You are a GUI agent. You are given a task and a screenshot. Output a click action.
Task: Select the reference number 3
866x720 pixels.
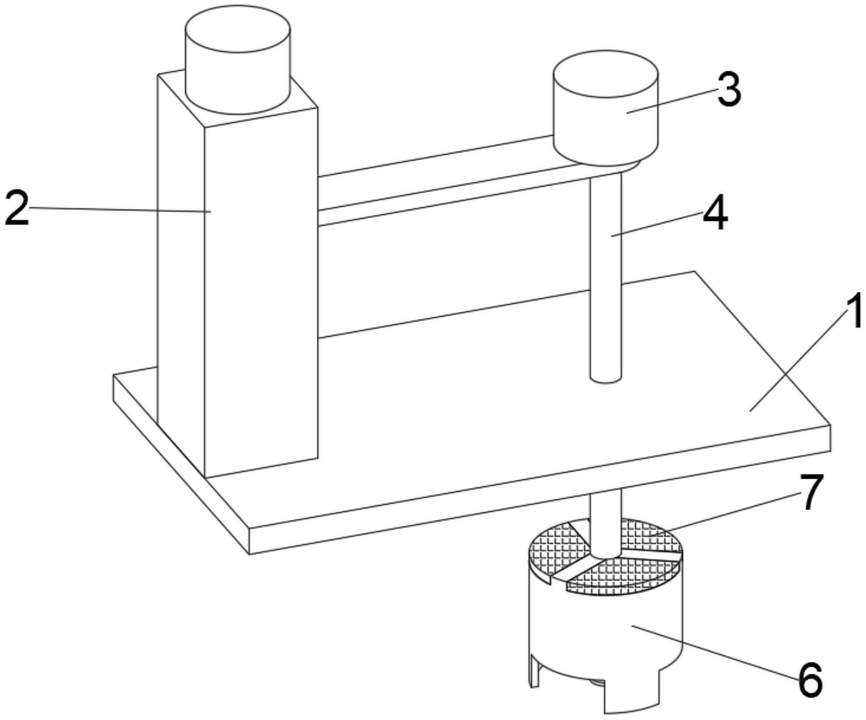coord(729,89)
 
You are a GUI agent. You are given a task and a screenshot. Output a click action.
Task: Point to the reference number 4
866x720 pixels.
coord(715,214)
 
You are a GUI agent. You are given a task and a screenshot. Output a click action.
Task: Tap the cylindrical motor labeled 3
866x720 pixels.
coord(605,111)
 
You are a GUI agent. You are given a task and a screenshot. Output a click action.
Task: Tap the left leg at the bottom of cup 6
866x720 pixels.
coord(535,671)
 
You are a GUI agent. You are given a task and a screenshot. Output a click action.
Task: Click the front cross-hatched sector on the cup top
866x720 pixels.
coord(619,576)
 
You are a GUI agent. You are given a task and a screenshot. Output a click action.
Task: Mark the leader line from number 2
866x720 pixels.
coord(119,209)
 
